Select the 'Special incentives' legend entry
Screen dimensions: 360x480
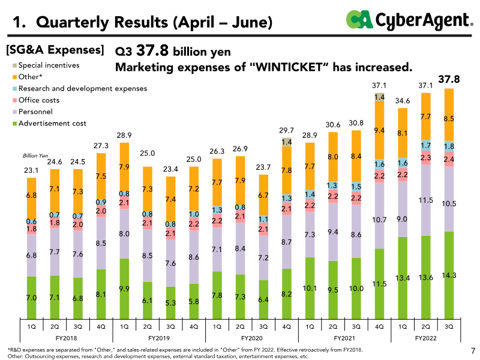[x=49, y=65]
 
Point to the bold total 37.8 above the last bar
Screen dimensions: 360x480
[x=449, y=79]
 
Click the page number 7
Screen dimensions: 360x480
[x=472, y=350]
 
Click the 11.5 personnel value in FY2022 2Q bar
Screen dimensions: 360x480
[x=427, y=199]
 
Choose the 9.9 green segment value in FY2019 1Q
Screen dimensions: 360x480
[x=125, y=289]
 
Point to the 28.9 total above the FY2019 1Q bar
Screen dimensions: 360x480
[x=124, y=136]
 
